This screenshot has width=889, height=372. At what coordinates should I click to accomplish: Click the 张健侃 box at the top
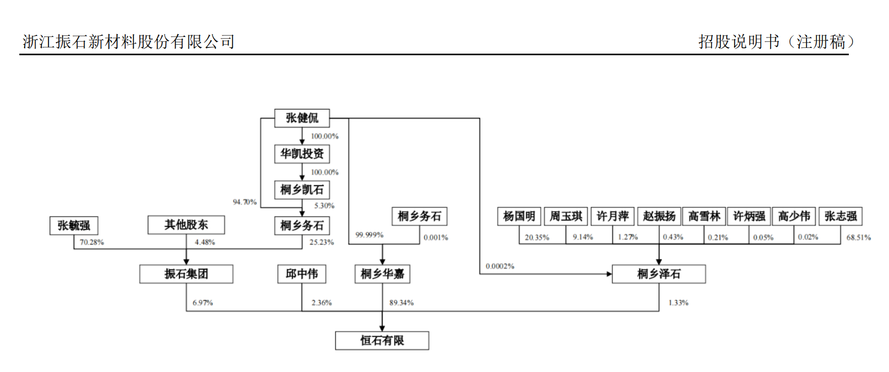pos(302,118)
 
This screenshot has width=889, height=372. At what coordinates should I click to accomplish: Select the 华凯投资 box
pos(302,154)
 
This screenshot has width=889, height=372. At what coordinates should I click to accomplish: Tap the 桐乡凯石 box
pos(302,190)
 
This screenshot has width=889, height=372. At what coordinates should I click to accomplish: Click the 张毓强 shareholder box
pos(74,226)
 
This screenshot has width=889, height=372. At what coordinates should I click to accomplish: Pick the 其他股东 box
pos(186,225)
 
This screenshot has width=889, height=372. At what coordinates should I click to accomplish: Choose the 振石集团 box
pos(186,274)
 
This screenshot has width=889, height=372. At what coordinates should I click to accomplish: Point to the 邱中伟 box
pos(302,274)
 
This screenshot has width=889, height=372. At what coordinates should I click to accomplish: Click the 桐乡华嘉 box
pos(382,274)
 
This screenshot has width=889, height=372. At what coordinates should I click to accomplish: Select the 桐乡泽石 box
pos(658,274)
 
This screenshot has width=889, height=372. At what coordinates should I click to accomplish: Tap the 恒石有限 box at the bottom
pos(382,341)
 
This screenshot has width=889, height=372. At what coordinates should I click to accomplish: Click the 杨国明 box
pos(519,216)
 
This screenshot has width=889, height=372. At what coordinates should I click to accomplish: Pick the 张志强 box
pos(840,216)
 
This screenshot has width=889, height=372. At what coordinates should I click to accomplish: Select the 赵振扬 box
pos(659,216)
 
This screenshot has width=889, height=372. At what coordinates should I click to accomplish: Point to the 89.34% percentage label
pos(401,303)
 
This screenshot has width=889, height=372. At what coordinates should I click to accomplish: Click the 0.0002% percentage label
pos(500,266)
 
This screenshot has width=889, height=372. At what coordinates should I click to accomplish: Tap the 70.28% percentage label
pos(92,242)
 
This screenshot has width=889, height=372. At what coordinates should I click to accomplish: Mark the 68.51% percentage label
pos(858,238)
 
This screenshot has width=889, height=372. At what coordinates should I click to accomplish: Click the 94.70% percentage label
pos(245,202)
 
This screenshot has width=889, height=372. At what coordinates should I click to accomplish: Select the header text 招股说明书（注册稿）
pos(776,42)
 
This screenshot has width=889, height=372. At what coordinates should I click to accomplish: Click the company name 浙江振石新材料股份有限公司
pos(128,42)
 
